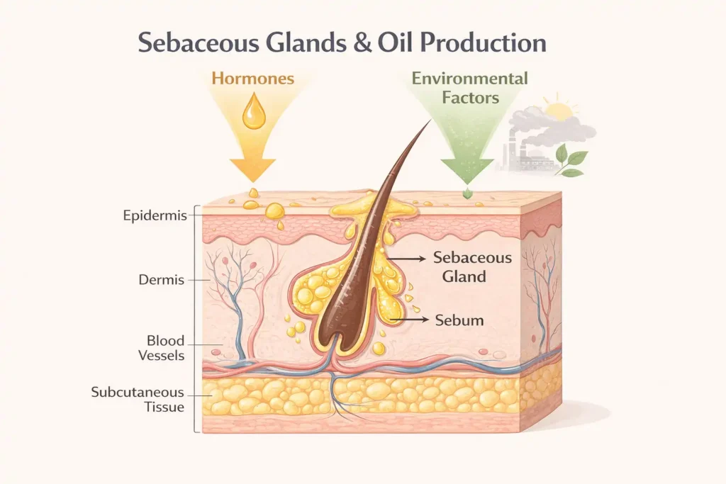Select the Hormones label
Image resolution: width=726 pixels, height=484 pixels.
(252, 78)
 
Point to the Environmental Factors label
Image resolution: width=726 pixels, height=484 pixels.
(470, 87)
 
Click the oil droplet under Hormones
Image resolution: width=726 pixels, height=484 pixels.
(252, 115)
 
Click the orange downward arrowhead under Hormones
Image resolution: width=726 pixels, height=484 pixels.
(252, 170)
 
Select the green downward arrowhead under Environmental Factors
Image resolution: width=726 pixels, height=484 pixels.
(467, 170)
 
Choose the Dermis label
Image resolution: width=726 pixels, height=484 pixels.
(162, 280)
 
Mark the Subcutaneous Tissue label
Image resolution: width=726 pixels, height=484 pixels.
(138, 400)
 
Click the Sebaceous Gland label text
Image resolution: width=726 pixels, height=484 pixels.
(464, 267)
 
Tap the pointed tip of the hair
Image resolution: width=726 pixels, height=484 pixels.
(428, 123)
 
